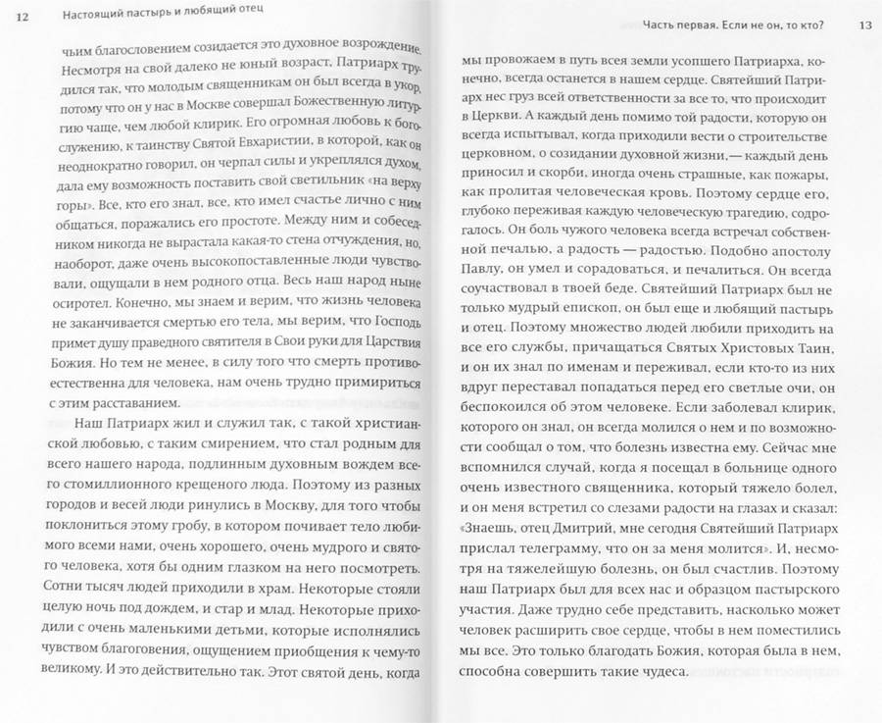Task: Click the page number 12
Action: (x=23, y=14)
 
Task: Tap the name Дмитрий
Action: (x=569, y=536)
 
